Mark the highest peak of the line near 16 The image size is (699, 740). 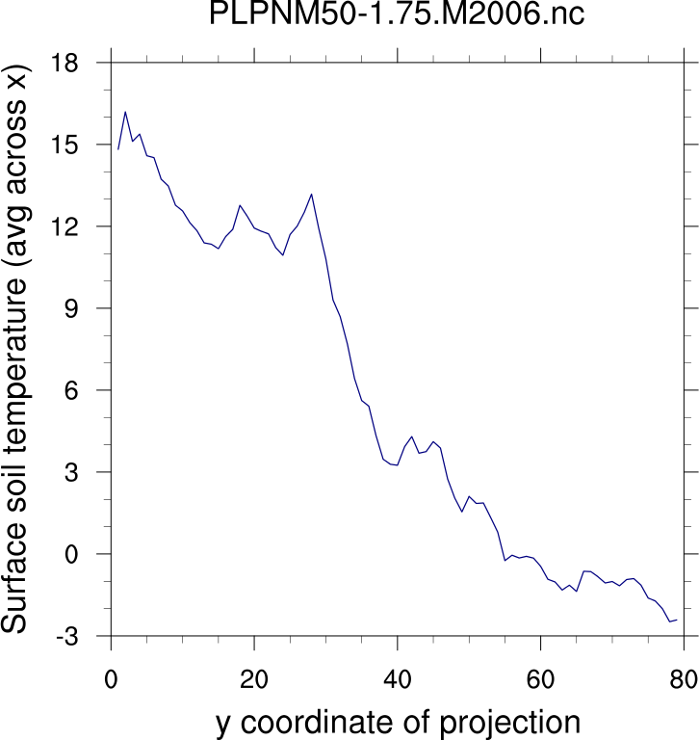[x=125, y=112]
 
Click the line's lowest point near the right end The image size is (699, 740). [x=670, y=621]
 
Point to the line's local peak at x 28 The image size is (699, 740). [x=311, y=194]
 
